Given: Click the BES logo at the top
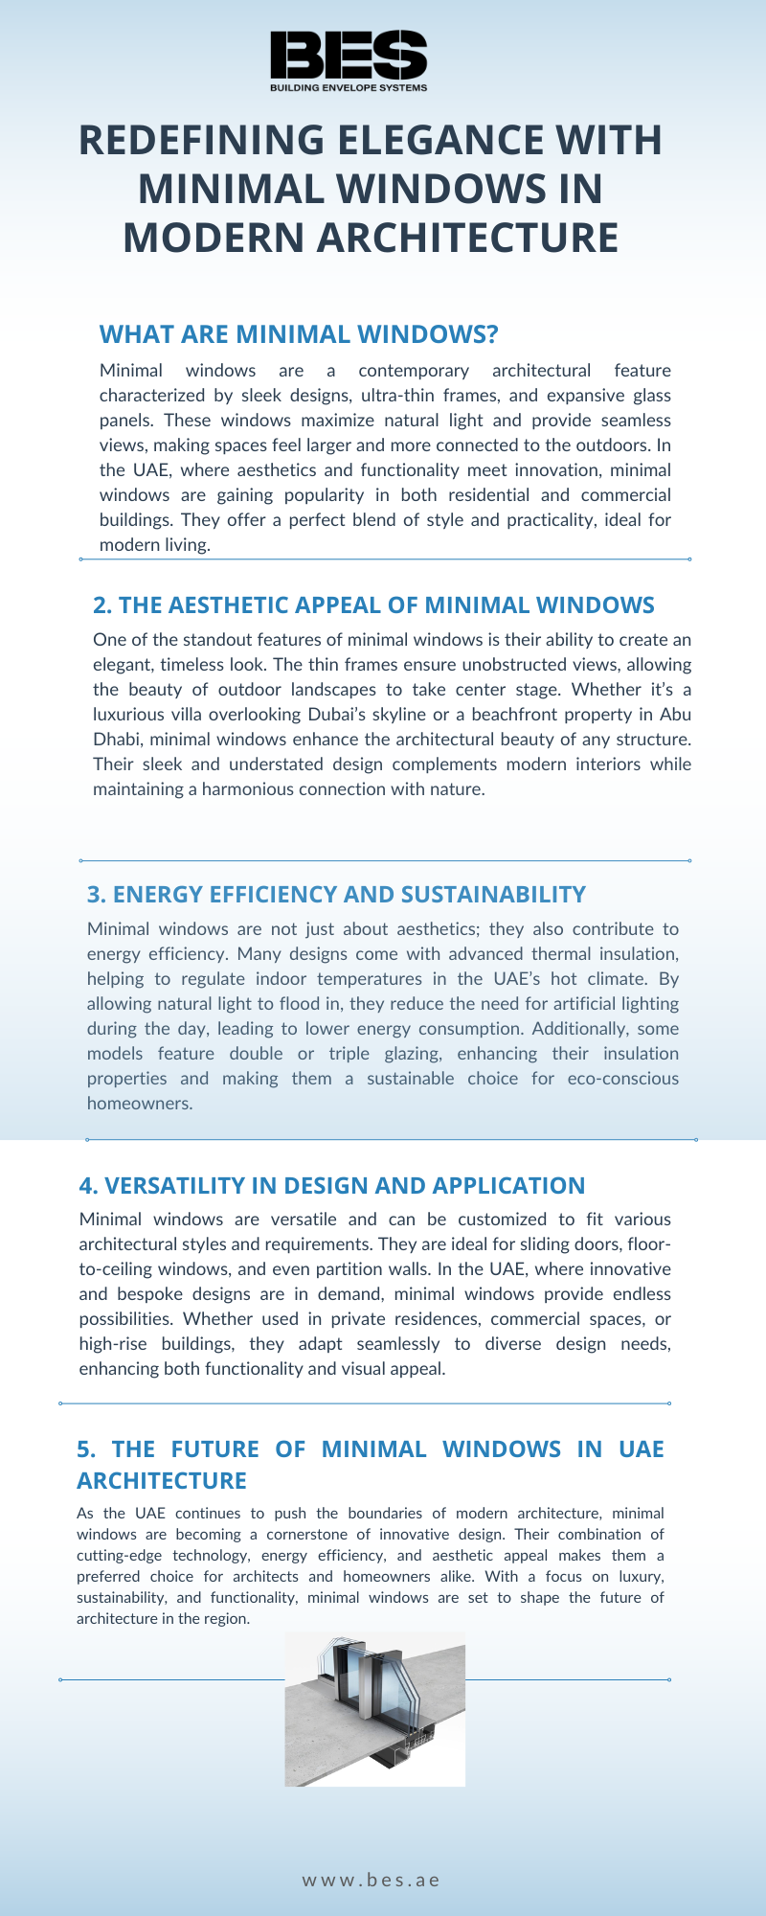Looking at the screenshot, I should coord(349,55).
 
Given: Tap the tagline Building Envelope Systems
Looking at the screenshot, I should coord(349,87).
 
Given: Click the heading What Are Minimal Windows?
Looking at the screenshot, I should coord(299,334).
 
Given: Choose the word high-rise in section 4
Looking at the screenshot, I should coord(113,1344).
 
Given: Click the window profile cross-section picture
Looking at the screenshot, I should coord(375,1710).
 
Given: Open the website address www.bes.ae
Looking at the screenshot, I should coord(372,1881).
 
